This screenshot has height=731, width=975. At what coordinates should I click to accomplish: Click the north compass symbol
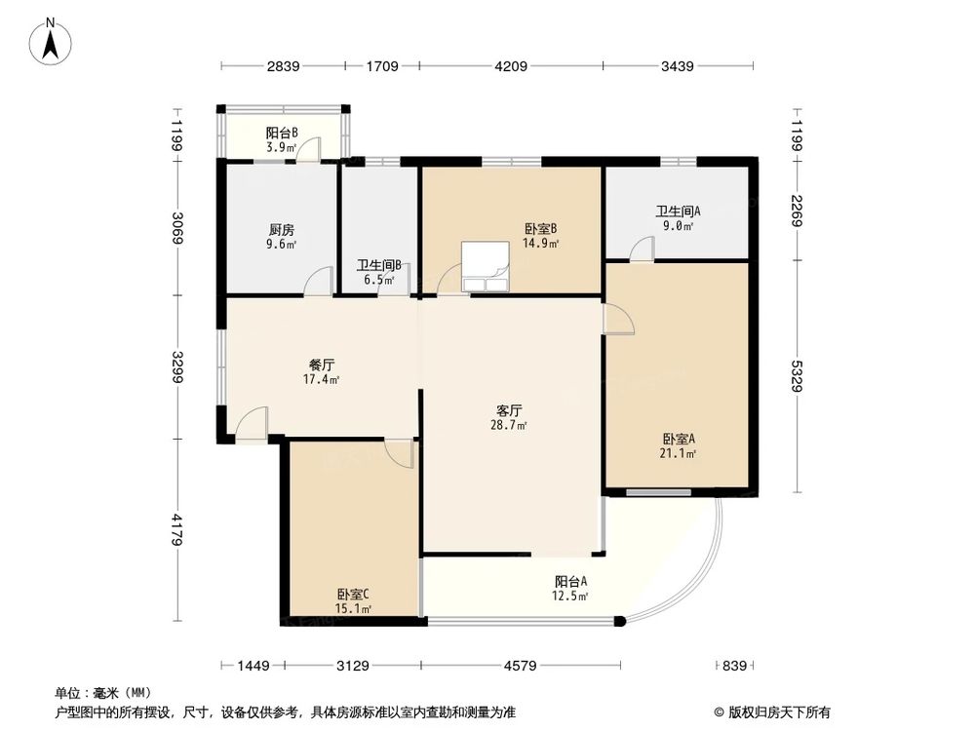pyautogui.click(x=54, y=40)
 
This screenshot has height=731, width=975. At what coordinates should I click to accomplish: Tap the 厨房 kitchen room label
pyautogui.click(x=282, y=230)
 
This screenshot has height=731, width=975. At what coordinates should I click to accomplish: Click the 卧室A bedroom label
pyautogui.click(x=679, y=438)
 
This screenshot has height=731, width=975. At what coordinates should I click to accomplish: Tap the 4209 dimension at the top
pyautogui.click(x=511, y=66)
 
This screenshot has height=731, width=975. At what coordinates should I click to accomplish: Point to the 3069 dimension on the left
pyautogui.click(x=175, y=230)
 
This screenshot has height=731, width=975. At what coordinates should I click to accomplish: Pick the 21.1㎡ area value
pyautogui.click(x=679, y=452)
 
